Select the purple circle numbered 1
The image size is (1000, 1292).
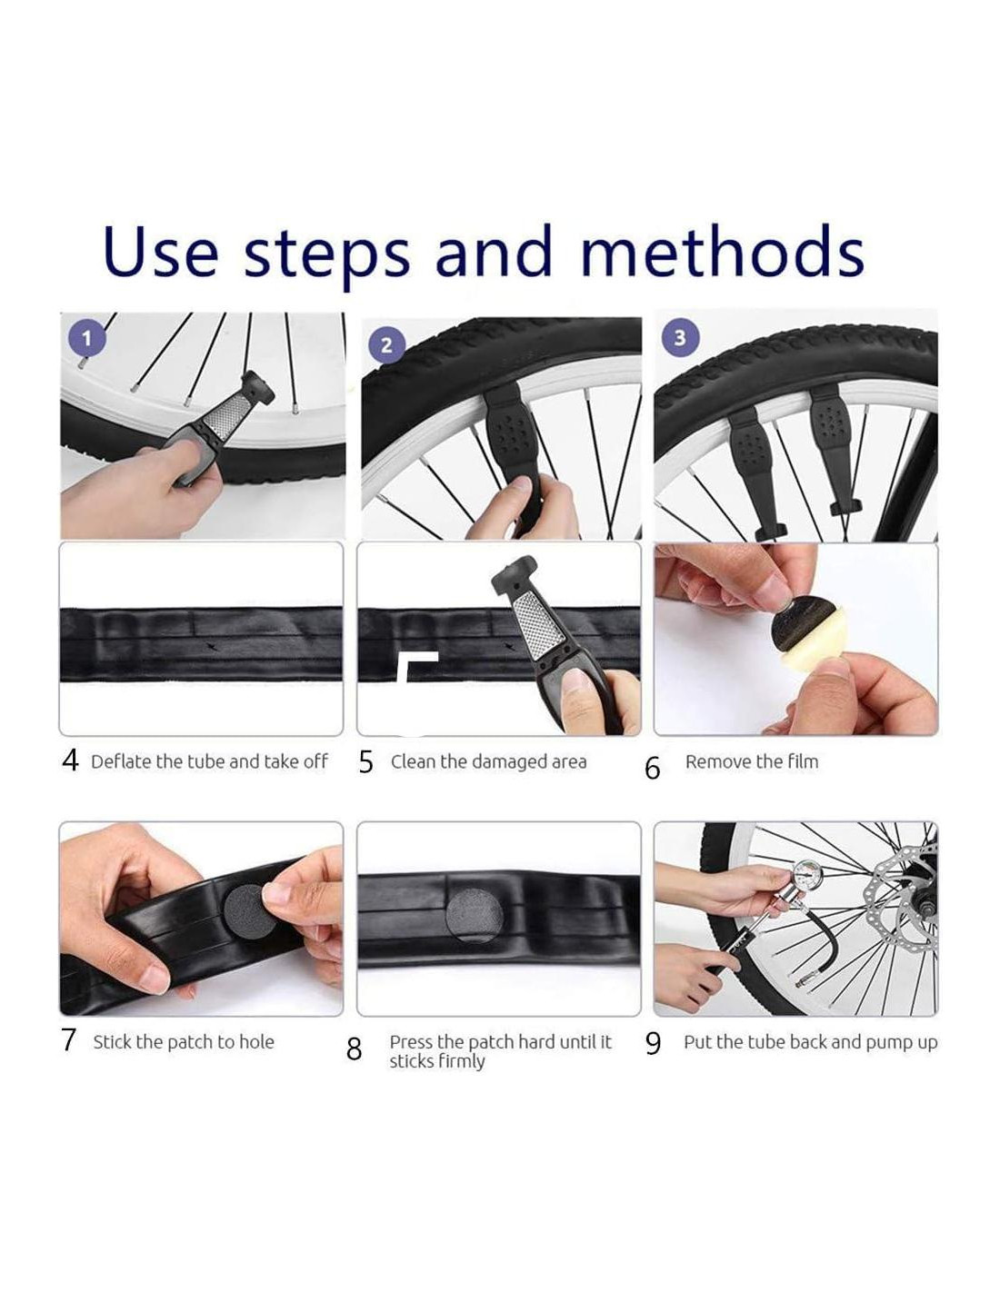87,340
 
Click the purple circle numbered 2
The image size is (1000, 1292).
386,345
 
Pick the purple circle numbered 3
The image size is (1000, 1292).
680,338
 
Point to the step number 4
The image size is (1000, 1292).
70,760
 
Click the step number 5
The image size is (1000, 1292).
365,762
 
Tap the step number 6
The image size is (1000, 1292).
653,768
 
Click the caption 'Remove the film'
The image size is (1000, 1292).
751,761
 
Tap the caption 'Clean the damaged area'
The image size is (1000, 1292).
488,761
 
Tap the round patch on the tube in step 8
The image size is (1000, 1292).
474,915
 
